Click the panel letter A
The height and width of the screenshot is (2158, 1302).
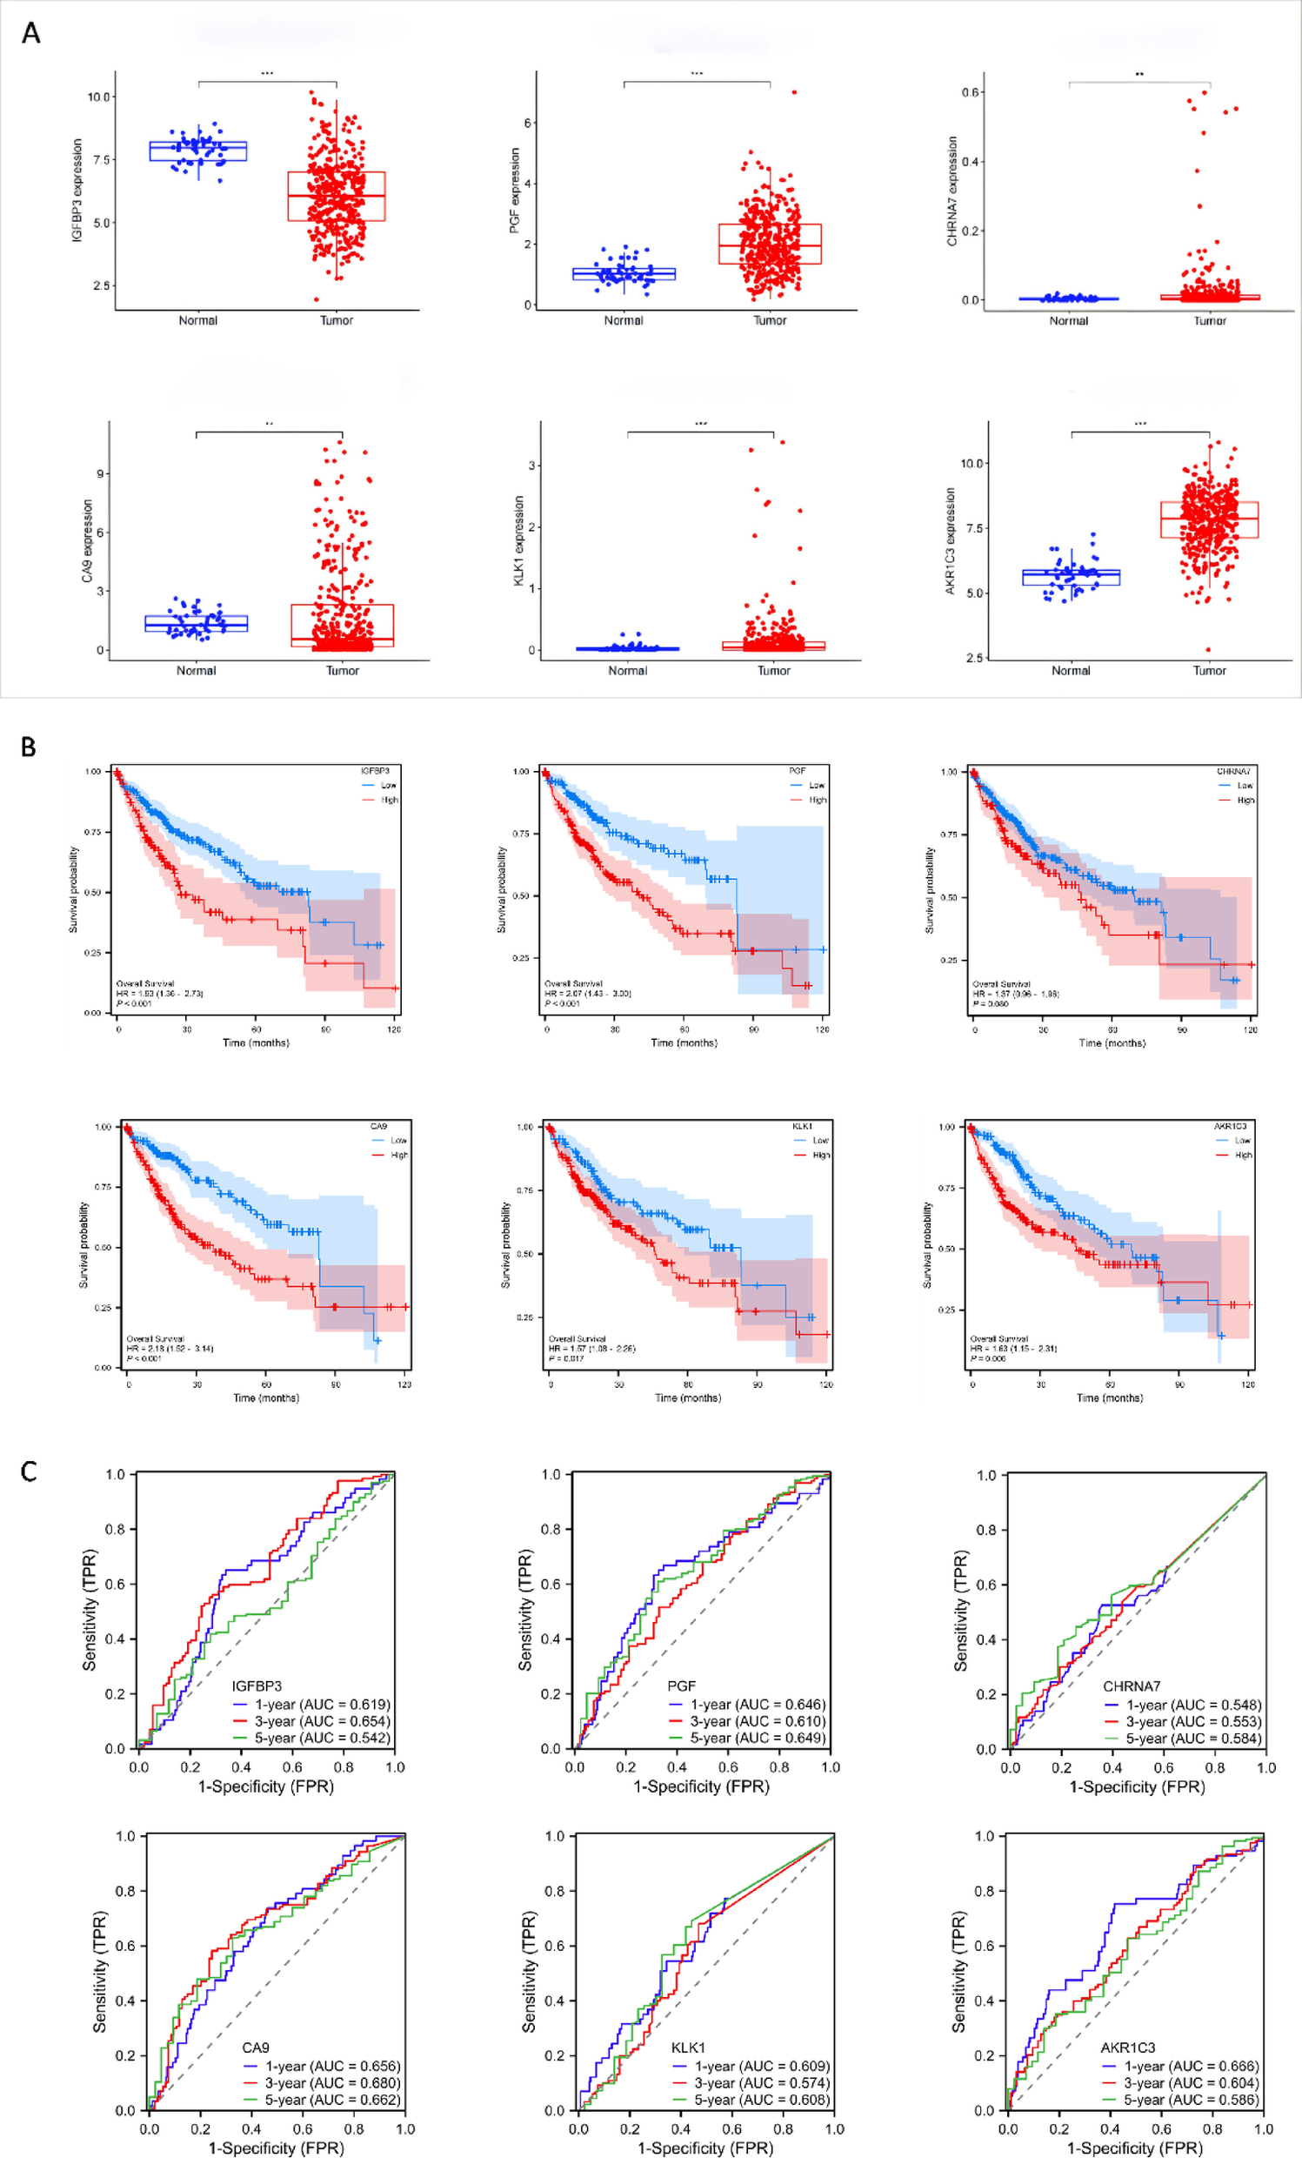click(x=30, y=33)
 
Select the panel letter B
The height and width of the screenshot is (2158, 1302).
click(x=29, y=747)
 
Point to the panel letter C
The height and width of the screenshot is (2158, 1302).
click(x=29, y=1471)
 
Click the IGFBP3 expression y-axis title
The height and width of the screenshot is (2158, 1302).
click(x=77, y=190)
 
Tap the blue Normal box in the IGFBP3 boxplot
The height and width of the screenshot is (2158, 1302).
click(x=198, y=151)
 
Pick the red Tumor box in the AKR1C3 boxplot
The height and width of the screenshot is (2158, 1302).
click(x=1209, y=519)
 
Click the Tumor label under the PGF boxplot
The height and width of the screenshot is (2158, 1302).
click(x=770, y=320)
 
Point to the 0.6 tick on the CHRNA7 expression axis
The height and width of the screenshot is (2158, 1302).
click(x=971, y=92)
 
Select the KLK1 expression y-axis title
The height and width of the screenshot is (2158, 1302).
click(x=518, y=540)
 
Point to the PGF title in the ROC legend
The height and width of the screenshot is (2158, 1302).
click(x=681, y=1686)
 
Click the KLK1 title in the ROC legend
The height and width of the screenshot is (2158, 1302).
click(x=687, y=2047)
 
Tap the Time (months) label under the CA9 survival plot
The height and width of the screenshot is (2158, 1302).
click(x=266, y=1397)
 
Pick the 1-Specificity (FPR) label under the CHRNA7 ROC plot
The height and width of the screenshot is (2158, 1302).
click(x=1137, y=1786)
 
